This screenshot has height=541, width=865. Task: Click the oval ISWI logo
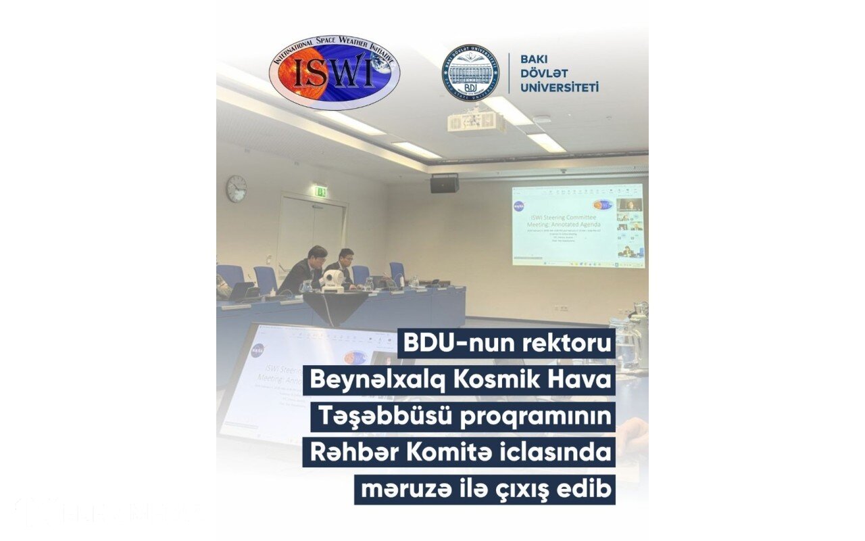(x=334, y=73)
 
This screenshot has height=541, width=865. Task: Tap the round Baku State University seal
(x=470, y=73)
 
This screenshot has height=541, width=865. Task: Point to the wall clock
(x=236, y=189)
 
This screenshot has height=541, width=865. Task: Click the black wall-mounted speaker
(x=444, y=183)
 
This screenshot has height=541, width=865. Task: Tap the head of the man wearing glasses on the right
(x=346, y=256)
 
